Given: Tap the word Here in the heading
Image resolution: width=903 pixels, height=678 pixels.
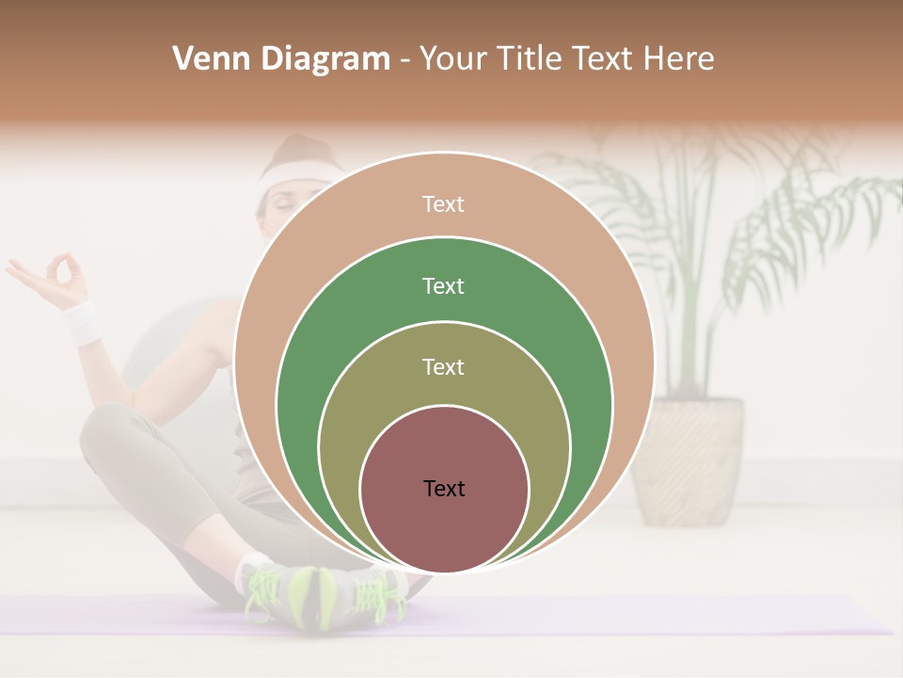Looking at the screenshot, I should (678, 58).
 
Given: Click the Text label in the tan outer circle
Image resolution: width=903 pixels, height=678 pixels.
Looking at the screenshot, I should (443, 204).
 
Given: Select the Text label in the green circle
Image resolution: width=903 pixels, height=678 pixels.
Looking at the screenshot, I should (443, 285).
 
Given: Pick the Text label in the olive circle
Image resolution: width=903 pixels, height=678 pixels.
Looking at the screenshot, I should (443, 366).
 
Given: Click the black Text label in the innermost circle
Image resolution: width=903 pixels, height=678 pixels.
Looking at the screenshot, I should (444, 488).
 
